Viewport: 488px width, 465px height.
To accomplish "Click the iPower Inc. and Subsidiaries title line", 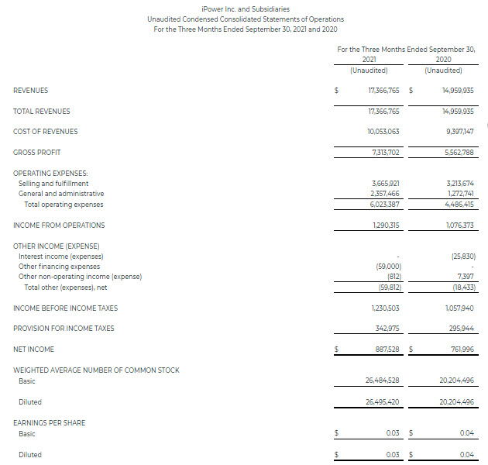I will point(245,9).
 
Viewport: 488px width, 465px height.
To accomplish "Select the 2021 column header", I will point(369,60).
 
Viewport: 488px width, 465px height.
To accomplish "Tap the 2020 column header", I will point(444,60).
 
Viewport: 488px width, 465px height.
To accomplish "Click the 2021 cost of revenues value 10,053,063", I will point(383,132).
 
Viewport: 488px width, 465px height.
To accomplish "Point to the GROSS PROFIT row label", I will point(36,152).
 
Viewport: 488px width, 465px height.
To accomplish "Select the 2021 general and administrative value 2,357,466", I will point(385,194).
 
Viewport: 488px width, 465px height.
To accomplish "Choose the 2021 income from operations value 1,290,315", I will point(385,226).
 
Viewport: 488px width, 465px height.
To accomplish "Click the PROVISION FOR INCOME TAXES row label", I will point(64,329).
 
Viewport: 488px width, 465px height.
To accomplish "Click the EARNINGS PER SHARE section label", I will point(50,423).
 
